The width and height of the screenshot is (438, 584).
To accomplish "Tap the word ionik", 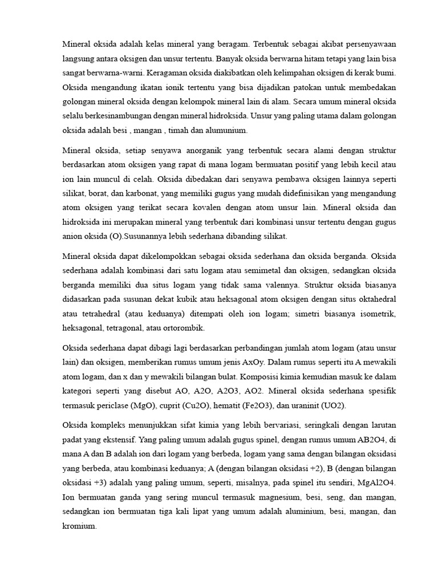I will (x=172, y=88).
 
